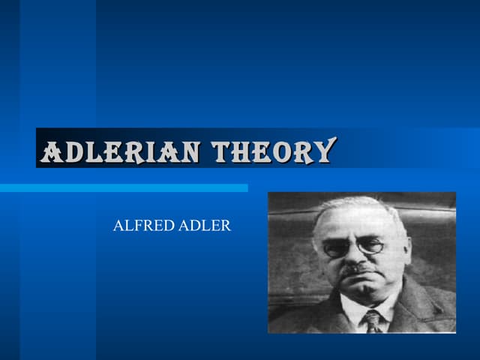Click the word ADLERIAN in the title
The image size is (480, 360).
[x=121, y=152]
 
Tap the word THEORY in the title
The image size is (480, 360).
[x=272, y=152]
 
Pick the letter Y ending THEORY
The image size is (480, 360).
[x=323, y=152]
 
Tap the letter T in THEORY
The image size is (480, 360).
[x=222, y=152]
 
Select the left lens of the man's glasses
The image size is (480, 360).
[x=337, y=248]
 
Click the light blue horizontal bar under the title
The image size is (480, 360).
[x=124, y=187]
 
